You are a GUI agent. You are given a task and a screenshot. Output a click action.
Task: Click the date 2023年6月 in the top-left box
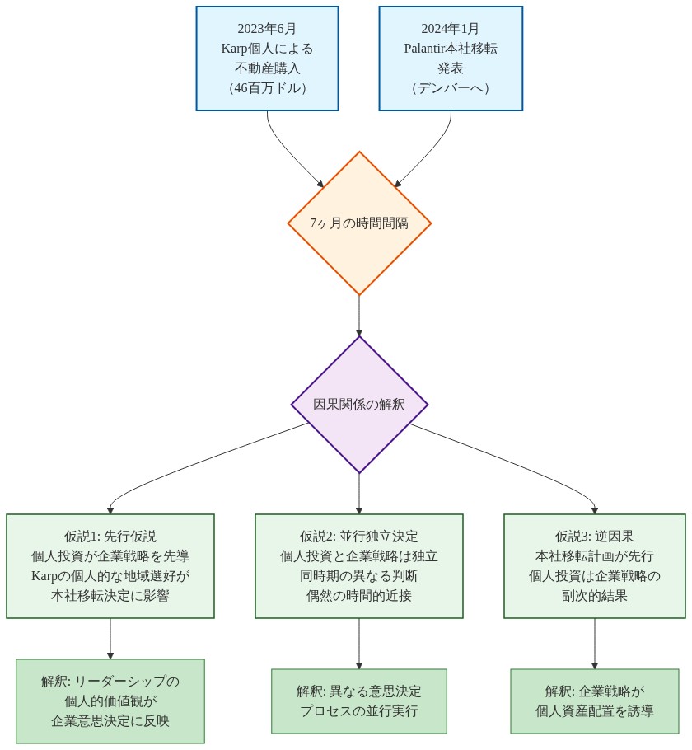click(267, 28)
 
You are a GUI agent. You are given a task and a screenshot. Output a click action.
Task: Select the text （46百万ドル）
click(267, 88)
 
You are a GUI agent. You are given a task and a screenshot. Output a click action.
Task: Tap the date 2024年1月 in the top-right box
click(451, 28)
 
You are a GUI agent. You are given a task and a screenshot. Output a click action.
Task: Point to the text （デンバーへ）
click(451, 88)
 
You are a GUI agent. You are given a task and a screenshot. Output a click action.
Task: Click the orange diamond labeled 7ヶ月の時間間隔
click(359, 223)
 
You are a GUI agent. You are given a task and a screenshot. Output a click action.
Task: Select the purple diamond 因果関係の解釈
click(359, 405)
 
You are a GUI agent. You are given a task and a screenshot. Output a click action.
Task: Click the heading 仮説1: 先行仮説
click(110, 536)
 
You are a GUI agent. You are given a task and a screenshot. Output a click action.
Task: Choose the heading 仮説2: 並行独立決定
click(359, 536)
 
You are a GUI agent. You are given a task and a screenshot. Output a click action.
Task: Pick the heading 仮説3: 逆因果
click(595, 536)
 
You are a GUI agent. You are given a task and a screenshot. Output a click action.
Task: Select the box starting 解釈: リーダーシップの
click(110, 701)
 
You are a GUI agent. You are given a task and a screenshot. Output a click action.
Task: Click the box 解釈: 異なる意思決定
click(359, 701)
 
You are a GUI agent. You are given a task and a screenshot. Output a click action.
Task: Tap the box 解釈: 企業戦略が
click(595, 701)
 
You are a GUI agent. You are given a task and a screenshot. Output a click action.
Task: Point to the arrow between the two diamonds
click(359, 315)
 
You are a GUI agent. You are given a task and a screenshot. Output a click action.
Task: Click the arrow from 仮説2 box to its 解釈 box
click(359, 643)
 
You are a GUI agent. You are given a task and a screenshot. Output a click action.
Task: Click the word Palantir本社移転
click(451, 48)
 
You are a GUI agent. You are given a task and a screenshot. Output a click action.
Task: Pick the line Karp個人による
click(267, 48)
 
